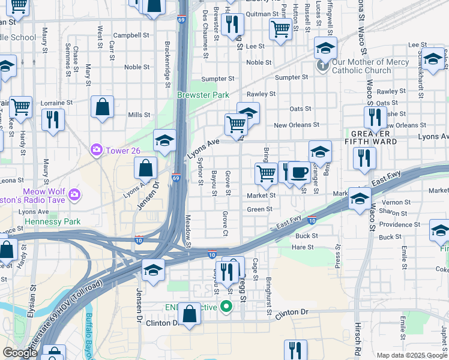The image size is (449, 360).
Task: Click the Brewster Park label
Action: coord(203,95)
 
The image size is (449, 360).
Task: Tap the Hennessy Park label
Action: coord(52,221)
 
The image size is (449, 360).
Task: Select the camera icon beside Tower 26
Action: coord(96,149)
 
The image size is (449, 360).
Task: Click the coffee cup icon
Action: coord(299,173)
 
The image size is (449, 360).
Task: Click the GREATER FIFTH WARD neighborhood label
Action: coord(375,137)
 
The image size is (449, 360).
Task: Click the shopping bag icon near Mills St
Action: coord(103,108)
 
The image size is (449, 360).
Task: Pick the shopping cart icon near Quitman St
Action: coord(280,29)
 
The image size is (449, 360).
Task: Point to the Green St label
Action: coord(260,209)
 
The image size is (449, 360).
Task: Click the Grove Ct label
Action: coord(225,223)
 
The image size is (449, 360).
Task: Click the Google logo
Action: coord(20,353)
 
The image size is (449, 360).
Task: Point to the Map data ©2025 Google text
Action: coord(412,355)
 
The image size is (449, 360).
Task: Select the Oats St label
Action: coord(300,109)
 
